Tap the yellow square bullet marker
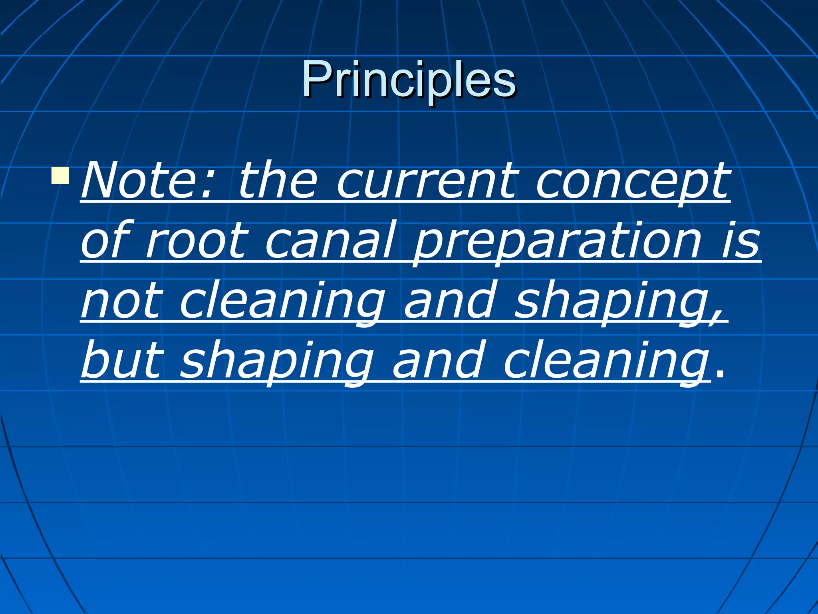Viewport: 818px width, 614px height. click(x=60, y=176)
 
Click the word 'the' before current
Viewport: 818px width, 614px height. click(x=278, y=181)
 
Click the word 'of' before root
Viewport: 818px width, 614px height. click(x=105, y=241)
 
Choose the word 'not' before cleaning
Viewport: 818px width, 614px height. click(x=122, y=302)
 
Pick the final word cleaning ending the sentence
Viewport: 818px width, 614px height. click(x=605, y=362)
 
